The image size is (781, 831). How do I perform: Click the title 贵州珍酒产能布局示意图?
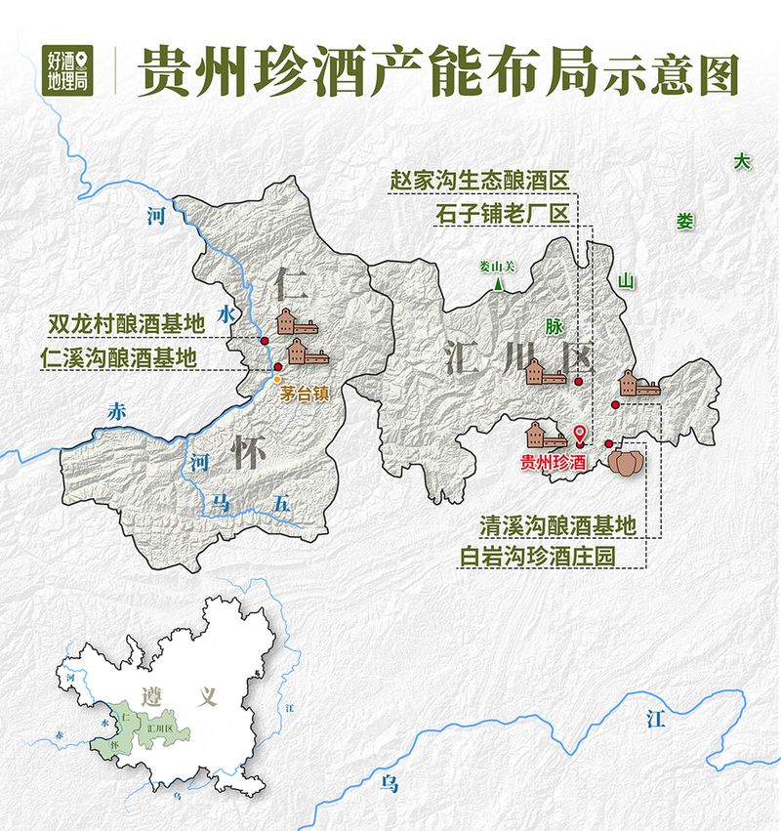tap(437, 69)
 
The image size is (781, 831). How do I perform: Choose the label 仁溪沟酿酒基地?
tap(119, 357)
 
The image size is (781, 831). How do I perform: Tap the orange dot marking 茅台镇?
tap(277, 379)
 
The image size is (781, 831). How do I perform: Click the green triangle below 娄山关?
tap(500, 285)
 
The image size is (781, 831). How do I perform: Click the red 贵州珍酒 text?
tap(553, 463)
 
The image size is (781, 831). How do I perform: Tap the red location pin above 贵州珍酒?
tap(580, 436)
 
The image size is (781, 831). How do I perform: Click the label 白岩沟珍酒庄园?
tap(552, 557)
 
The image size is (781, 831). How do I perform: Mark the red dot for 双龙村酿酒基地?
tap(265, 340)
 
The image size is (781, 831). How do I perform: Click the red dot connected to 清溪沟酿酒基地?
tap(615, 404)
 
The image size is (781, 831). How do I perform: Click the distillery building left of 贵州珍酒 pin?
tap(546, 434)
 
